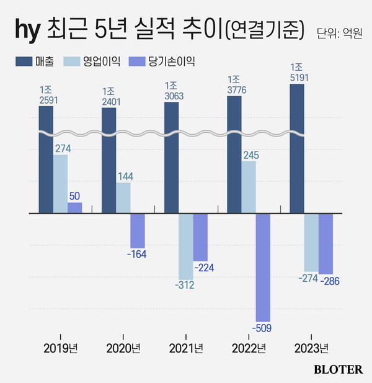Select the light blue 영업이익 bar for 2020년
point(123,198)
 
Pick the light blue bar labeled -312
point(185,246)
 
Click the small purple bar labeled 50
point(74,208)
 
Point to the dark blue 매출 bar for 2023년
point(297,149)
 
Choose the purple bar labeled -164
point(138,231)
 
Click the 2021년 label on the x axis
point(185,348)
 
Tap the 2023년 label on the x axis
point(311,348)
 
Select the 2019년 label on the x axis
point(61,348)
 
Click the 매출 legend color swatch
point(24,61)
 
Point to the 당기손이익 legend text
point(171,61)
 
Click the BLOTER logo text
point(338,369)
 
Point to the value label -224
point(204,268)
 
